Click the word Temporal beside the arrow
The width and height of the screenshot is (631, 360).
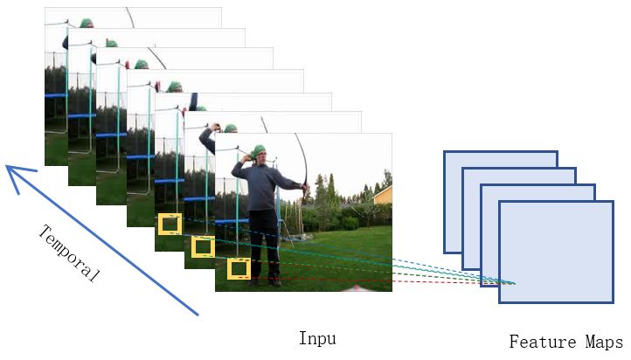(69, 253)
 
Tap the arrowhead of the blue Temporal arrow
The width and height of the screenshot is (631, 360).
(10, 169)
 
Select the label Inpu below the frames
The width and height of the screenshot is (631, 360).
(315, 338)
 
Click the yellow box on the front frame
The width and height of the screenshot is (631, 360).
(239, 268)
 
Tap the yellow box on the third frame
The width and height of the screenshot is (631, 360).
(169, 225)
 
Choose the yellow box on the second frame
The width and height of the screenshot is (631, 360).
(203, 247)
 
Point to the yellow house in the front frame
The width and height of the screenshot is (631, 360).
(384, 194)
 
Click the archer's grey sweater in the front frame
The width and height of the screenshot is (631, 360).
(261, 185)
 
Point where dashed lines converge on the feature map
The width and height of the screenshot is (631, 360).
(515, 283)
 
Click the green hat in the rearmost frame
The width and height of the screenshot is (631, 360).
(86, 24)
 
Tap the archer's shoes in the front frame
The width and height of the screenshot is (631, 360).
(264, 281)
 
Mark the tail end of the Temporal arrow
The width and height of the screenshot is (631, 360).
(198, 314)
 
